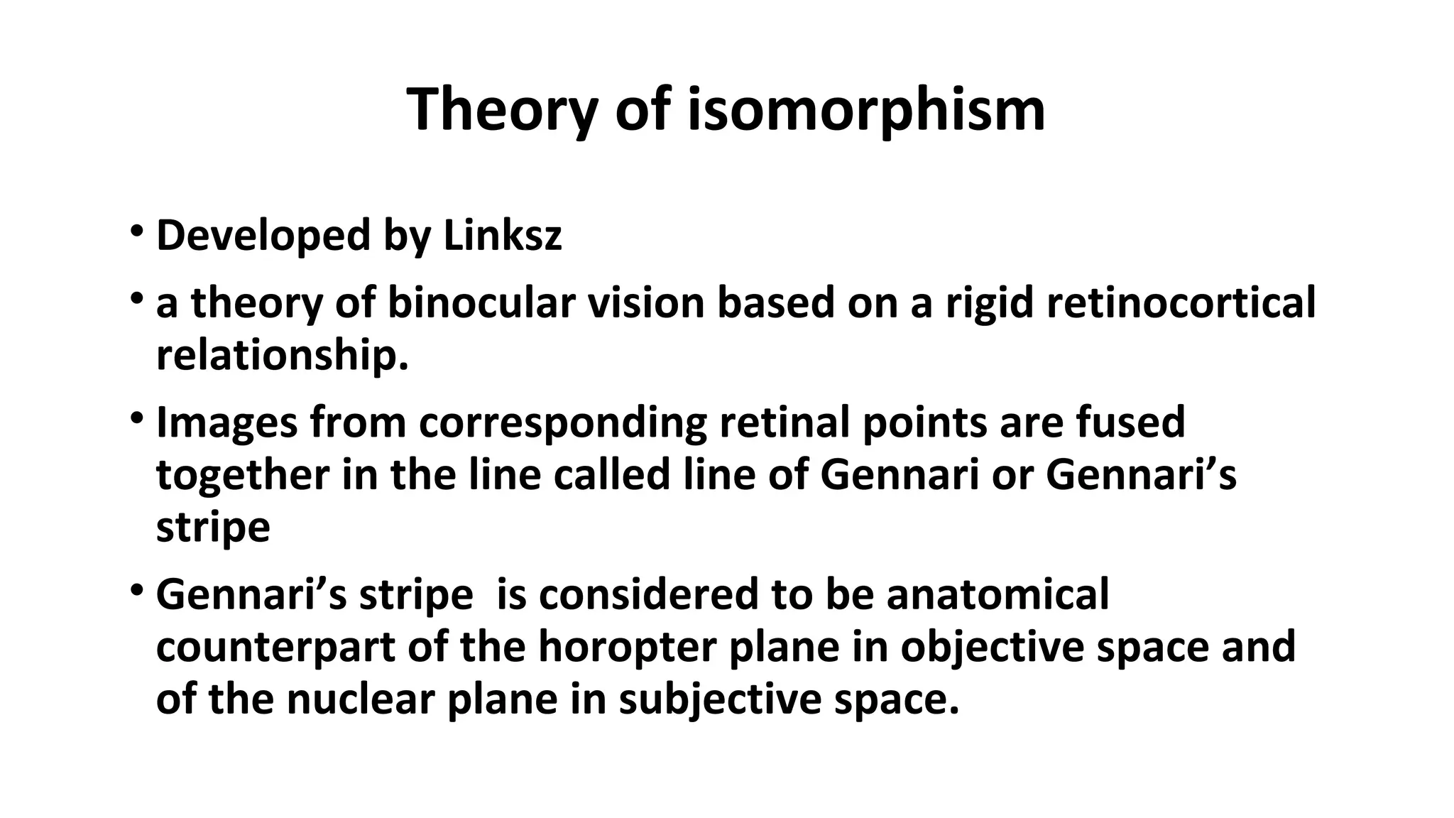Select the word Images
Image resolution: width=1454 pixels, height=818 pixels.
coord(226,422)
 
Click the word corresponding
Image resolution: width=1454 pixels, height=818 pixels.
coord(563,422)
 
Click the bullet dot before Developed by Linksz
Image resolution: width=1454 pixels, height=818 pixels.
coord(136,231)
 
